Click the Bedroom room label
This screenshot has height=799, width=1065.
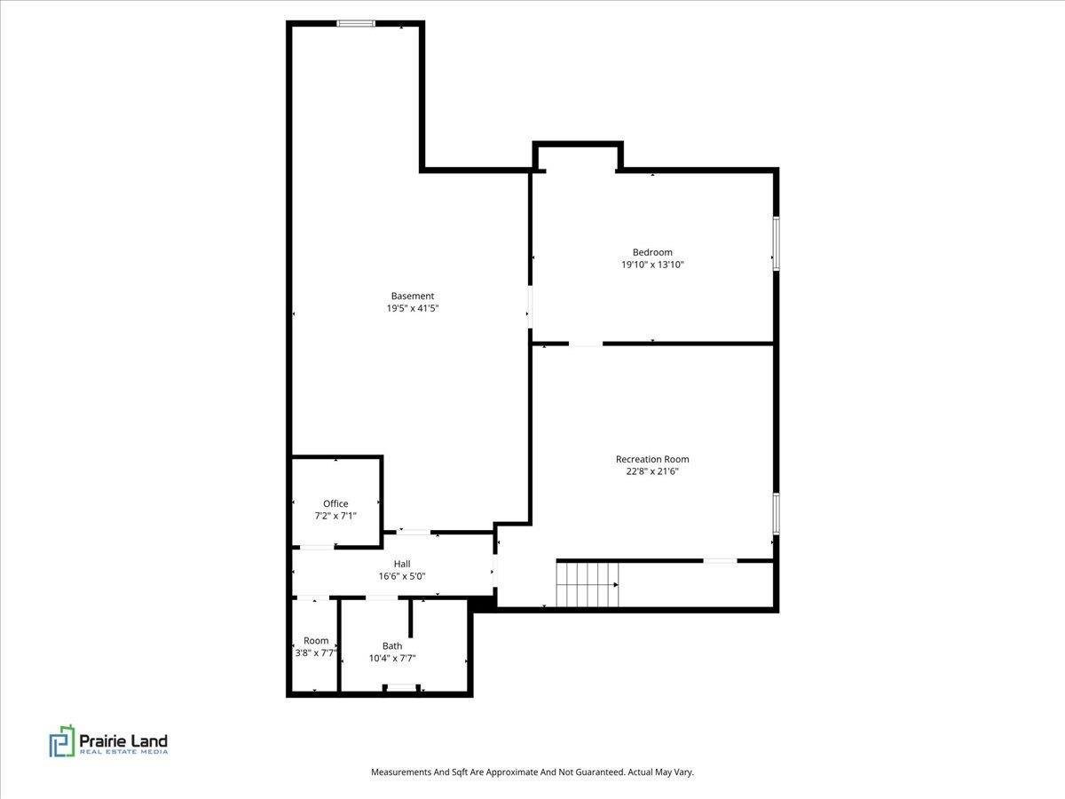click(652, 252)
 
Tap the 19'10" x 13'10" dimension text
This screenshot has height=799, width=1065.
click(652, 265)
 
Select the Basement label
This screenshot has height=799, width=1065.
click(413, 296)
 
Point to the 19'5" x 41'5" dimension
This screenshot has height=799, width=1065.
click(413, 308)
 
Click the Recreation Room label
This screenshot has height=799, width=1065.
click(652, 459)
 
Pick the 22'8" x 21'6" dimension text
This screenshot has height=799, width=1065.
click(652, 471)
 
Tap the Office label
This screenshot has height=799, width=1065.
click(335, 503)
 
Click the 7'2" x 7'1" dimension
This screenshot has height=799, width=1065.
click(335, 516)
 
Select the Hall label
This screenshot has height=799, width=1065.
click(402, 564)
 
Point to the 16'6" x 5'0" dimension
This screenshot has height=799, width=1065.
click(402, 576)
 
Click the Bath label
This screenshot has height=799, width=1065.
click(392, 645)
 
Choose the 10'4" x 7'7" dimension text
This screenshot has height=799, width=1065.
click(392, 658)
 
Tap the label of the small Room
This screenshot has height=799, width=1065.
click(316, 640)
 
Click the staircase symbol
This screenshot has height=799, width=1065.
click(587, 584)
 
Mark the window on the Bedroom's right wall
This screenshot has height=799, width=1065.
click(776, 243)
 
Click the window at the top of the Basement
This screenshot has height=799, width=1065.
click(356, 24)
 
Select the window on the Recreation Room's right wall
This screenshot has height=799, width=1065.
click(776, 513)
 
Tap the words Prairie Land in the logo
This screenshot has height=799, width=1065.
click(123, 740)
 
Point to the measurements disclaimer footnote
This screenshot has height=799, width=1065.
click(532, 772)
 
